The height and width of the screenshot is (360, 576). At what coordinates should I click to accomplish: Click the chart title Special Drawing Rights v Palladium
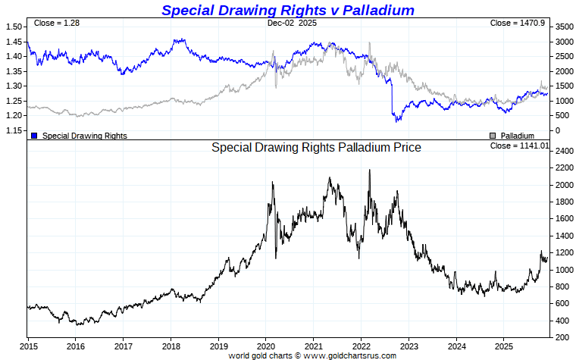coord(288,10)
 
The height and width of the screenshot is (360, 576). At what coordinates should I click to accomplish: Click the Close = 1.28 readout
coord(58,23)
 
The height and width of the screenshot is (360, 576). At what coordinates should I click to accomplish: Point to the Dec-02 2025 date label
coord(291,23)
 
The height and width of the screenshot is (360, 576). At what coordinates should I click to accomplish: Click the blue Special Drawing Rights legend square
coord(34,136)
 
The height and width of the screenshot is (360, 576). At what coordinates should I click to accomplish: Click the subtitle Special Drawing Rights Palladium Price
coord(316,147)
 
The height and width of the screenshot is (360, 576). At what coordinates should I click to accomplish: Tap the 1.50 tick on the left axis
coord(14,27)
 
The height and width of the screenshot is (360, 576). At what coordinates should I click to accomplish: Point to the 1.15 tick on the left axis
coord(14,130)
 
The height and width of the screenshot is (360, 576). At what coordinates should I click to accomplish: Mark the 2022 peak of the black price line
coord(369,171)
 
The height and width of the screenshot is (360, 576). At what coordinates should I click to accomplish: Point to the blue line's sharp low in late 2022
coord(395,121)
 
